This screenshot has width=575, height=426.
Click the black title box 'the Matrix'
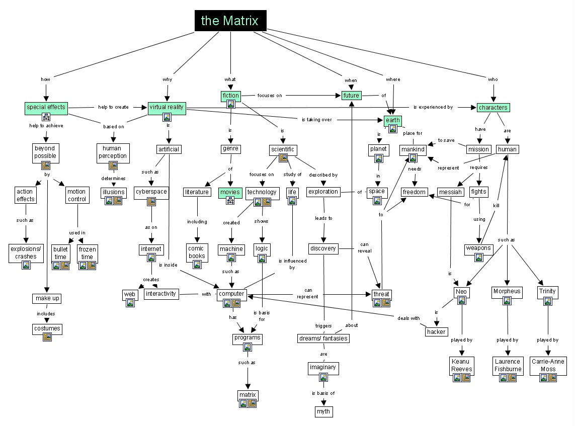coord(230,21)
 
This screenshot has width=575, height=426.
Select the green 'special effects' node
coord(46,107)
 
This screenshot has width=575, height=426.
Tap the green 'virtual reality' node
coord(167,107)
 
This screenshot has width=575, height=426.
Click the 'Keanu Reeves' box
coord(462,365)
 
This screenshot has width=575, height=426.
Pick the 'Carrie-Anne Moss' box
coord(548,365)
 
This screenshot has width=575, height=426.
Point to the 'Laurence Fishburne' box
coord(508,365)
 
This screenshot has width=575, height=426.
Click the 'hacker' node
coord(436,332)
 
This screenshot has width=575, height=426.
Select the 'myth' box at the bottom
coord(323,412)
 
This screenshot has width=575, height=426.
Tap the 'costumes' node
coord(47,328)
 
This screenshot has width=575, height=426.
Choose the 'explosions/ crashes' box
coord(26,252)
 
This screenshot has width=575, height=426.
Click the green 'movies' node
coord(230,192)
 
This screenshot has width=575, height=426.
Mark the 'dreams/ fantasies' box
coord(323,338)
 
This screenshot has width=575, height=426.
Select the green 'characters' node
coord(493,108)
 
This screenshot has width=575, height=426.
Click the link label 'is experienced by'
coord(433,107)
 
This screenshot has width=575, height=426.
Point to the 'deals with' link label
coord(408,318)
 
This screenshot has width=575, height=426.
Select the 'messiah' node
coord(450,192)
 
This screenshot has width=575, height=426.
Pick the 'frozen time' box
coord(87,252)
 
